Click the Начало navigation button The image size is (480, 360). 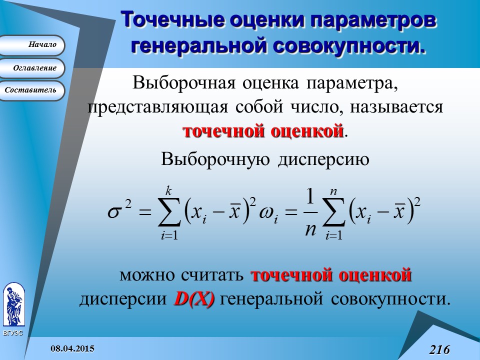tap(33, 45)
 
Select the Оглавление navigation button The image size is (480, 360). tap(33, 67)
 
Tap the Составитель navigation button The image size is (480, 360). tap(33, 90)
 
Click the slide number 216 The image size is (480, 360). tap(439, 349)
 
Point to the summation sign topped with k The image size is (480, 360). tap(169, 212)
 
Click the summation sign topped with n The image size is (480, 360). tap(333, 212)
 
